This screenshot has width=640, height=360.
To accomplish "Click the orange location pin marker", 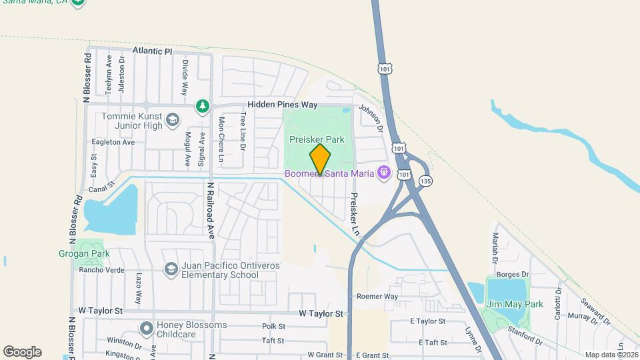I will coord(320,159).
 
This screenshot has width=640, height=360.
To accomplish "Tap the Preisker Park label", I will coord(317,140).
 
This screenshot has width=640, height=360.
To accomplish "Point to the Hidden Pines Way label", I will coord(282,105).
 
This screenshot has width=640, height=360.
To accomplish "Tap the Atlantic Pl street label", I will coord(152,51).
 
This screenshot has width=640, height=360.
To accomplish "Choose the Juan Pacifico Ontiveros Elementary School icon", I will coord(171,268).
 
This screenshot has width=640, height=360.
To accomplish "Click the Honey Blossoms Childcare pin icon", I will coord(146,328).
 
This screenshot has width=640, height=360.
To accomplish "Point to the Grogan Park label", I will coord(93,254).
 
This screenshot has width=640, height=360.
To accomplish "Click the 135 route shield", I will coord(426,181).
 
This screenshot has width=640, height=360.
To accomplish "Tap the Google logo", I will coord(22,352).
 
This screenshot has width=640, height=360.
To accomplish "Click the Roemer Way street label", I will coord(377,296).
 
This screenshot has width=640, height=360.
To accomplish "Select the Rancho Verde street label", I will coord(102,270).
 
